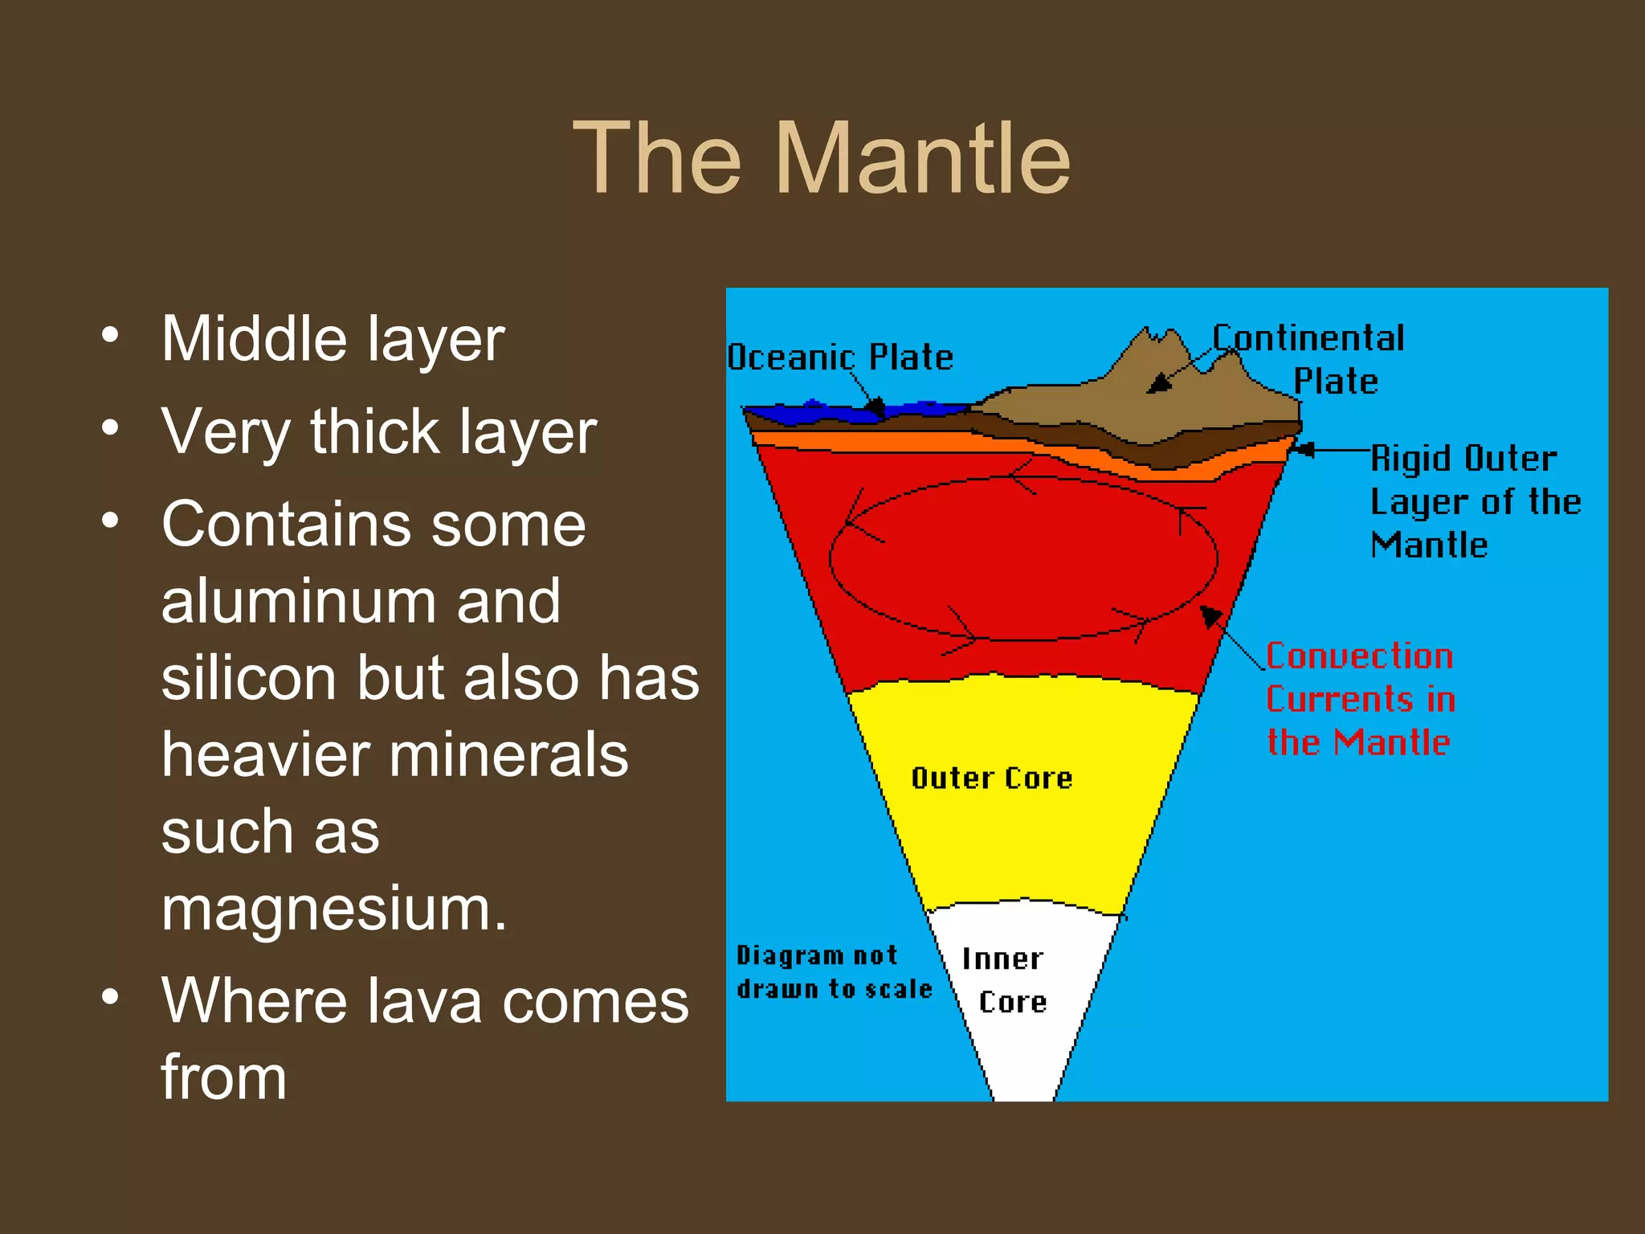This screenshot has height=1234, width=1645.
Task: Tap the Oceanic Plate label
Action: [x=840, y=358]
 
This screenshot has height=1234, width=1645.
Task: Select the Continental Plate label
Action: [x=1309, y=359]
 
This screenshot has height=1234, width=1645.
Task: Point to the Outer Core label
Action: [x=992, y=778]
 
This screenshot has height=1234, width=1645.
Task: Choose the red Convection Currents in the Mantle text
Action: [x=1360, y=699]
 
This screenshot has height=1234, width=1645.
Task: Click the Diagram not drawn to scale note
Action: [x=834, y=972]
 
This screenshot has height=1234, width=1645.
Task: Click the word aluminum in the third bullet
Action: [x=361, y=601]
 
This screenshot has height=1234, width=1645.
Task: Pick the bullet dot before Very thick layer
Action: [x=111, y=427]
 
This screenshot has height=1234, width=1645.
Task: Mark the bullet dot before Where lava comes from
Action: [x=111, y=997]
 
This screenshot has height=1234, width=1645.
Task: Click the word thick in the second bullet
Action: [x=375, y=431]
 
